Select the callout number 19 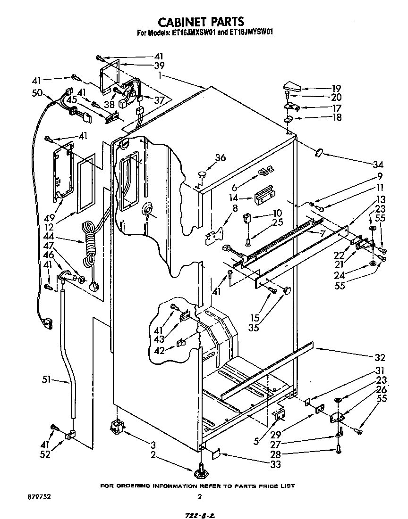point(336,88)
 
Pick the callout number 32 point(379,357)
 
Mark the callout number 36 point(220,158)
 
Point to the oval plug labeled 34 point(318,152)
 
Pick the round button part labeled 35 point(287,292)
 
